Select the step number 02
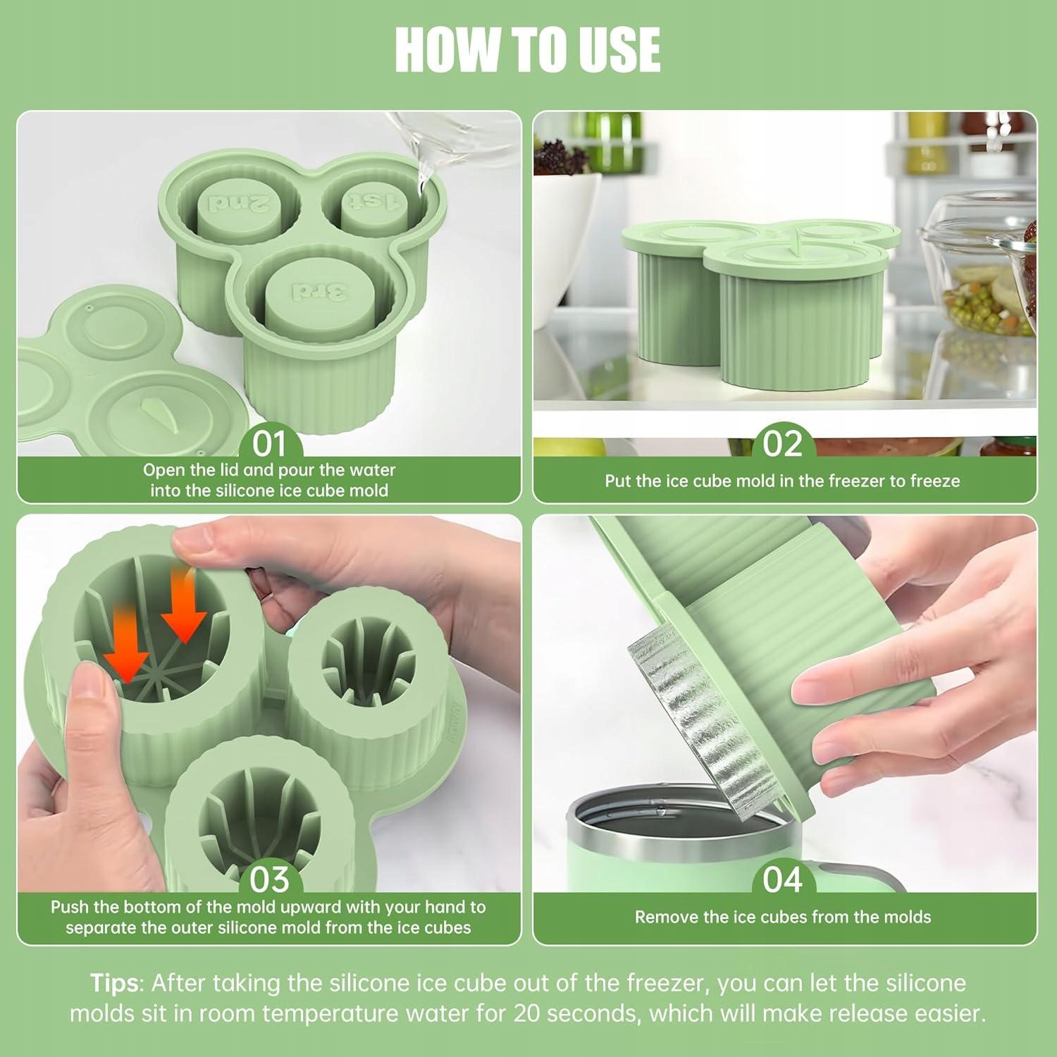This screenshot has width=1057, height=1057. pyautogui.click(x=782, y=444)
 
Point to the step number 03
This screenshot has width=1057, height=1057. pyautogui.click(x=269, y=879)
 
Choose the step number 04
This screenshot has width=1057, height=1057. pyautogui.click(x=782, y=879)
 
